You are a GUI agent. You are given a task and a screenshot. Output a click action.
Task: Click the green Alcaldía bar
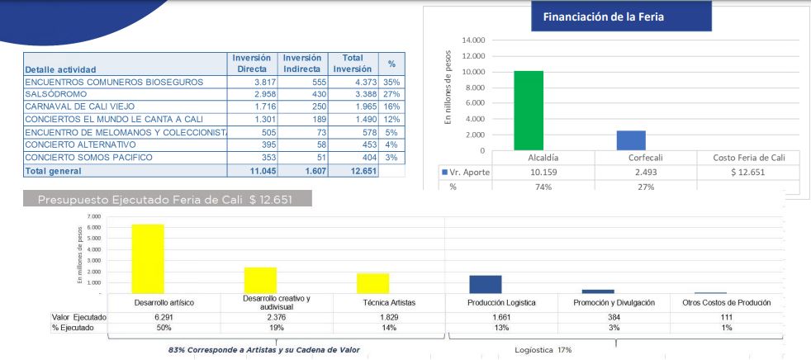[x=529, y=111]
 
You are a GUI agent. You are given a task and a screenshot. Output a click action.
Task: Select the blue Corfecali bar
[x=632, y=140]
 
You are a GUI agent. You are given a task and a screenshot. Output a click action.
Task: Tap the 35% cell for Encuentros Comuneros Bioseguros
[x=391, y=83]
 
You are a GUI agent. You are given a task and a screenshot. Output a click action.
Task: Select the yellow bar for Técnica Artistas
[x=372, y=282]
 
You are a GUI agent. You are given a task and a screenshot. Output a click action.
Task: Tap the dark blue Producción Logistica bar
[x=485, y=284]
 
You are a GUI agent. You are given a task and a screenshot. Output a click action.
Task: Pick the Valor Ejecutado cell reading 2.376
[x=260, y=317]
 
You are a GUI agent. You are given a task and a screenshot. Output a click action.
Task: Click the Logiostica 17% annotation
[x=543, y=349]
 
